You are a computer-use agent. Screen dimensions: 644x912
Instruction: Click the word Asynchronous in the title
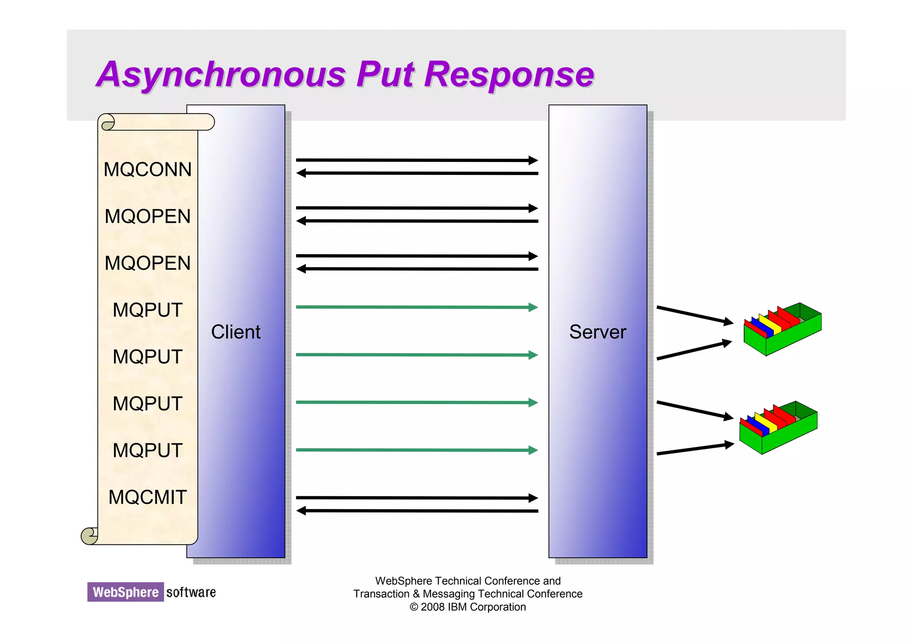tap(221, 74)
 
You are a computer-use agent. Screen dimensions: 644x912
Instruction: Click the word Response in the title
tap(509, 74)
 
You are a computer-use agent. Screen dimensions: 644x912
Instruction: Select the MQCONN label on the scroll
tap(147, 170)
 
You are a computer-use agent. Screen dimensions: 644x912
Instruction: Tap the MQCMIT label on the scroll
tap(147, 497)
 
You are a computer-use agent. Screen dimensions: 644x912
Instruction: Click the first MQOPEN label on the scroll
tap(147, 216)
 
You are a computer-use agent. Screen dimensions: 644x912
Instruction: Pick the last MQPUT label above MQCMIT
tap(147, 450)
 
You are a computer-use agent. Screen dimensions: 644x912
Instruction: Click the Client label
tap(236, 332)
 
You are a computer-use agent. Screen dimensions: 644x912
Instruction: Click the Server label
tap(598, 332)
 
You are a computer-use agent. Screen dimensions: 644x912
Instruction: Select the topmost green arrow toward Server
tap(416, 307)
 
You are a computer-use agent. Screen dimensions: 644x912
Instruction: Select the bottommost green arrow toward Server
tap(416, 450)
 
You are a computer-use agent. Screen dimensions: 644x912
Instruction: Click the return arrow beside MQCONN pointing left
tap(416, 173)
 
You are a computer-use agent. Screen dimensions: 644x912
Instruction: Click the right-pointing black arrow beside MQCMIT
tap(416, 498)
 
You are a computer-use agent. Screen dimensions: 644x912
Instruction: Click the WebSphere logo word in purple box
tap(126, 592)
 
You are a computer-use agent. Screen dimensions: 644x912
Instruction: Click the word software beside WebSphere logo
tap(191, 592)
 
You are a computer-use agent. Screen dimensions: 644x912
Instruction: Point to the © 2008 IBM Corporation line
tap(468, 607)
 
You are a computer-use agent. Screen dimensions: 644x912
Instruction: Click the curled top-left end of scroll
tap(107, 122)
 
